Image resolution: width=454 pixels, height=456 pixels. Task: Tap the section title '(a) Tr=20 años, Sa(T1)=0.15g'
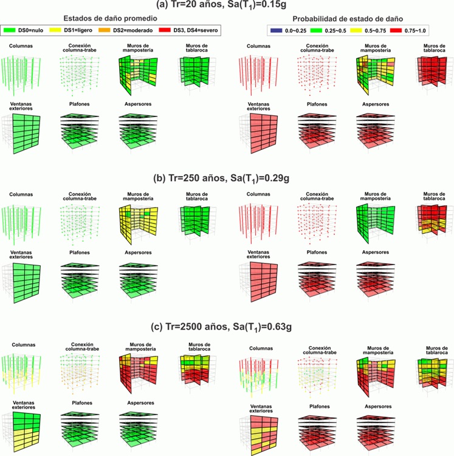tap(227, 5)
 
